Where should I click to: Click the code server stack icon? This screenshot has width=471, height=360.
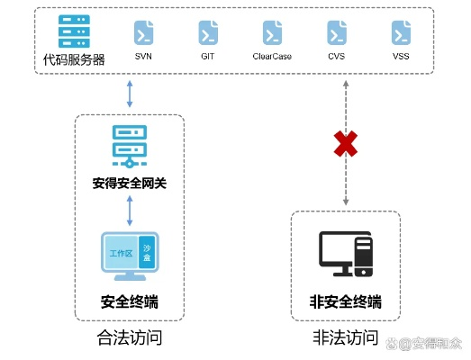[73, 32]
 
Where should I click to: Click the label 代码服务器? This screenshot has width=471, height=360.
[74, 60]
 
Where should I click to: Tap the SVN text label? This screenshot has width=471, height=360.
[142, 56]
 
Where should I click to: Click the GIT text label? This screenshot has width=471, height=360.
[207, 56]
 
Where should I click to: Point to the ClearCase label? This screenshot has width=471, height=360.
[272, 56]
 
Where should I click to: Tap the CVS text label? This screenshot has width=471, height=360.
[337, 56]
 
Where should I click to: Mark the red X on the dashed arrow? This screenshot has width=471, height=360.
[346, 142]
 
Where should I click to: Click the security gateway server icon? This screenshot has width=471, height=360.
[131, 146]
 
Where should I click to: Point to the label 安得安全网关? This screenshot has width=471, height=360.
[131, 184]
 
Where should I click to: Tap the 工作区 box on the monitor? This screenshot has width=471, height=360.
[122, 254]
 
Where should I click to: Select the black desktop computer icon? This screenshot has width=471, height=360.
[346, 254]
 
